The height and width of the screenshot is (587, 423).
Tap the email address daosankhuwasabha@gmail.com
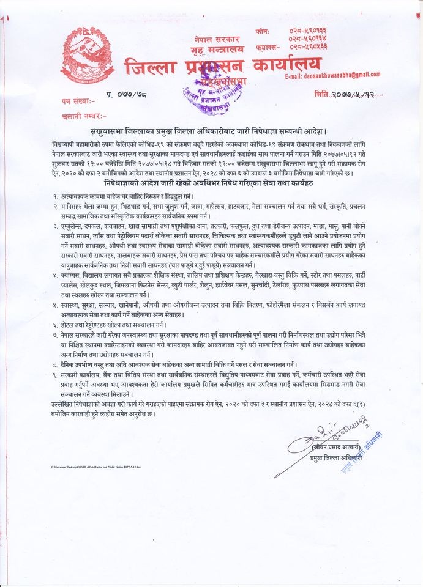coord(333,75)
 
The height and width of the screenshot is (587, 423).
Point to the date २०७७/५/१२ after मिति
coord(350,96)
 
